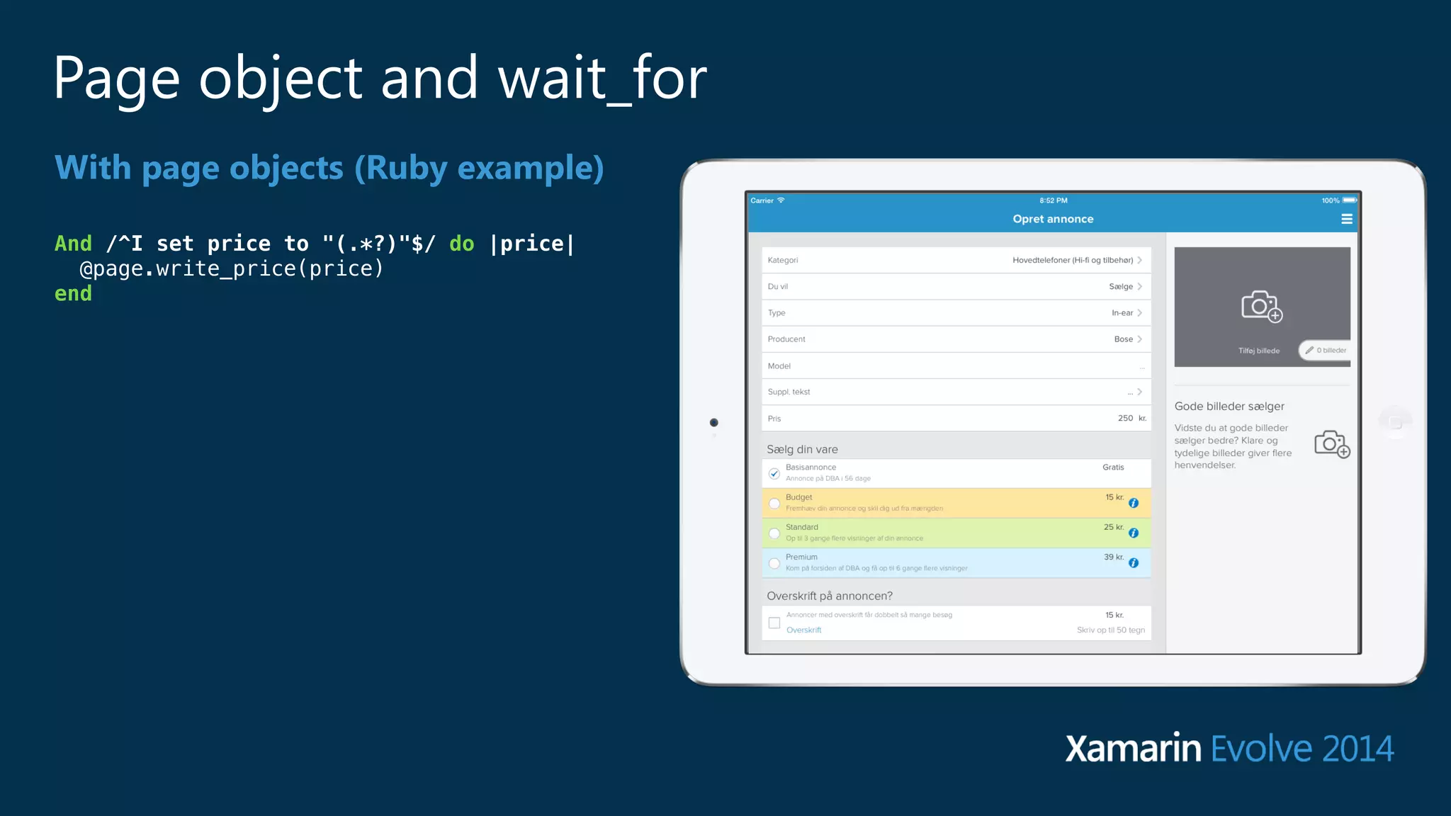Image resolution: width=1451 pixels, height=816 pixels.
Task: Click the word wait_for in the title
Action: point(602,78)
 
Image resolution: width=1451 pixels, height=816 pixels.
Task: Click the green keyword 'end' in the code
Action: point(73,293)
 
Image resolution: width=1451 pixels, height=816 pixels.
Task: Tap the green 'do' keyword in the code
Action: point(461,244)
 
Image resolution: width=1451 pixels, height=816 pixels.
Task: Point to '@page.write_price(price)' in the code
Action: point(231,268)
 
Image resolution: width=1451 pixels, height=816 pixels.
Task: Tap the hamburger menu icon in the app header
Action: point(1346,220)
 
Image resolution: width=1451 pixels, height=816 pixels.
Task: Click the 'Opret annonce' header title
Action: point(1053,219)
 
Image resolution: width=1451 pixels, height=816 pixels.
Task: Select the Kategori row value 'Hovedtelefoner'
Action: point(1072,260)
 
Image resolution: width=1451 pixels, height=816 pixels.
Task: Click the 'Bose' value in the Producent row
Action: point(1123,339)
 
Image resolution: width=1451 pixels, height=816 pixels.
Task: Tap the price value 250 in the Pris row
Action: point(1125,418)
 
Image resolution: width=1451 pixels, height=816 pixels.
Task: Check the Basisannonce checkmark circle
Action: point(774,473)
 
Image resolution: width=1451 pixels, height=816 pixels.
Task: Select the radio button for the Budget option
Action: point(774,504)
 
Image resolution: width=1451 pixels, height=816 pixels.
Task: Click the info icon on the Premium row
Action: point(1134,563)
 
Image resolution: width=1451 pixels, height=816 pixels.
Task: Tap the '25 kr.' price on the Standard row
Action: point(1113,527)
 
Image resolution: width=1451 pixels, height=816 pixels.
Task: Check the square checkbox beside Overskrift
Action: point(774,623)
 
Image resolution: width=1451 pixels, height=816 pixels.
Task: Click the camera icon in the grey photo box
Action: point(1261,306)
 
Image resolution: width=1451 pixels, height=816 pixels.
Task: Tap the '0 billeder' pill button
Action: point(1326,350)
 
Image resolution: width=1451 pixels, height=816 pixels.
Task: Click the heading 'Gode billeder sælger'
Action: point(1229,406)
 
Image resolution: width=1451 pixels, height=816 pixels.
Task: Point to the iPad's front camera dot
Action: point(714,423)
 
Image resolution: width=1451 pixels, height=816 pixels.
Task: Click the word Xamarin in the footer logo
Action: point(1133,749)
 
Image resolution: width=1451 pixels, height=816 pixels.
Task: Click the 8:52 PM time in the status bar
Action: point(1053,200)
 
